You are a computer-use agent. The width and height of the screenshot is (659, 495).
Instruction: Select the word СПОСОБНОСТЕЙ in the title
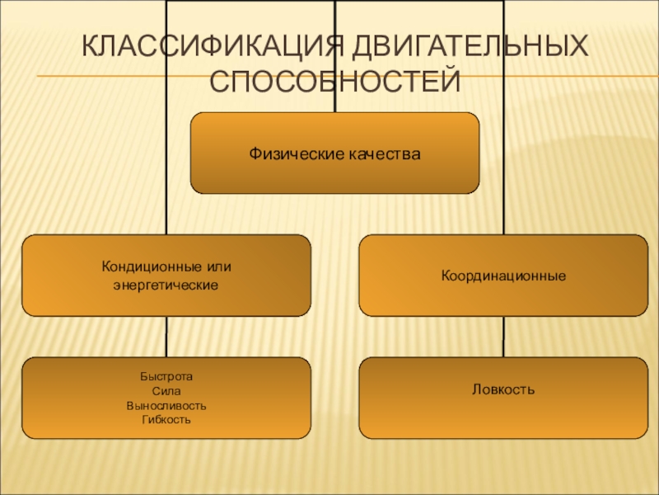point(334,81)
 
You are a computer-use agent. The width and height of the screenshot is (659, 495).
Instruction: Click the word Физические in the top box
point(290,153)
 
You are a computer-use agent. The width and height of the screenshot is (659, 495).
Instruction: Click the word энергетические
point(166,285)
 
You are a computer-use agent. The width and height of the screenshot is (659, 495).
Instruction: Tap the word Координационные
point(503,276)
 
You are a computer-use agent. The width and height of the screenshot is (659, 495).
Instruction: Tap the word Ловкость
point(503,388)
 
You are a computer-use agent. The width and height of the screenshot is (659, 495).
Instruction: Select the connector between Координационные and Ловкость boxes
point(503,337)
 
